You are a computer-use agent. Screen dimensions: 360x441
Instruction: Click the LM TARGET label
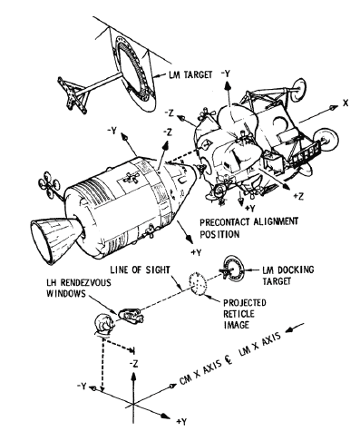pyautogui.click(x=190, y=74)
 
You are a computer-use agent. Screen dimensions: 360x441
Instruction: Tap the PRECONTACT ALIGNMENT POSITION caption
pyautogui.click(x=248, y=228)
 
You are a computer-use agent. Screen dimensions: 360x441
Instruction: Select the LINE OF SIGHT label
pyautogui.click(x=140, y=269)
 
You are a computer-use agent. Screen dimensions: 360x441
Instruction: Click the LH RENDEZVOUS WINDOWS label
pyautogui.click(x=78, y=288)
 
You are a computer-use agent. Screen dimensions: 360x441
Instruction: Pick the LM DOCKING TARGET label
pyautogui.click(x=287, y=275)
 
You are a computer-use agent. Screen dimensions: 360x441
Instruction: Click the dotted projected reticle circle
pyautogui.click(x=198, y=283)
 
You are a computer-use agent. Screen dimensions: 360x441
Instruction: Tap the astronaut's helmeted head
pyautogui.click(x=103, y=324)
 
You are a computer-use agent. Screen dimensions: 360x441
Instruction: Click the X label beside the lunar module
pyautogui.click(x=345, y=103)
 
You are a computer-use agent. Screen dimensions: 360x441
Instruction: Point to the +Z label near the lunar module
pyautogui.click(x=298, y=196)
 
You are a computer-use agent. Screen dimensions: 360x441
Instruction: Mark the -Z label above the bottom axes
pyautogui.click(x=133, y=364)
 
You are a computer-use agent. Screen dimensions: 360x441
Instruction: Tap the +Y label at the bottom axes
pyautogui.click(x=182, y=422)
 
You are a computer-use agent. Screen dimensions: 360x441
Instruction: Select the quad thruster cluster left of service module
pyautogui.click(x=49, y=184)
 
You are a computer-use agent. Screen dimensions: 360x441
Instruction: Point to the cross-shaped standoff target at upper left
pyautogui.click(x=73, y=94)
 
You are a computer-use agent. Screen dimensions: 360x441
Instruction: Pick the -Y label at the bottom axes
pyautogui.click(x=82, y=386)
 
